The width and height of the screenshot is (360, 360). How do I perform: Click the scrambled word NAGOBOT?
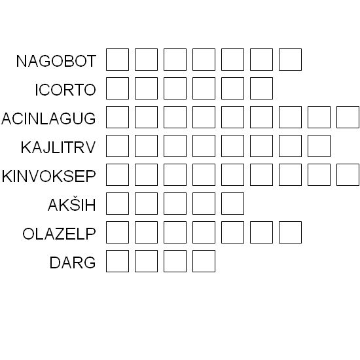pos(56,61)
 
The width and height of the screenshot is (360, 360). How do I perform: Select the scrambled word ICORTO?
pos(65,90)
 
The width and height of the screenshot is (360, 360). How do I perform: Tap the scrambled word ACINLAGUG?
pos(48,118)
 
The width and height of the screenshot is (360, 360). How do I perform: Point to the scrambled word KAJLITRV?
pos(58,147)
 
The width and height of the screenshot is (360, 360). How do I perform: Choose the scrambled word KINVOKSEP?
pos(48,176)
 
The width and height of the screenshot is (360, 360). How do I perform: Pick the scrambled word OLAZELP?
pos(59,234)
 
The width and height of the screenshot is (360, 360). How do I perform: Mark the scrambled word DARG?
pos(73,262)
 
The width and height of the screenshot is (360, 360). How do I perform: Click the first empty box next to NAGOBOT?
pos(117,60)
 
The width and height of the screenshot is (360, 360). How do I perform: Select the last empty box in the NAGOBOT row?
pos(290,60)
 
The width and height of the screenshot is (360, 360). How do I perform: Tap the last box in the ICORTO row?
pos(262,88)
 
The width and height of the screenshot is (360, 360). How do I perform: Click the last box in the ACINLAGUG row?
pos(348,117)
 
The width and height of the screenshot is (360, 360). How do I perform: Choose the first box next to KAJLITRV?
pos(117,146)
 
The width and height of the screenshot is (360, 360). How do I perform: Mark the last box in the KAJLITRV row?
pos(319,146)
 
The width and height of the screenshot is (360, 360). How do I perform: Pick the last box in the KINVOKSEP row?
pos(348,175)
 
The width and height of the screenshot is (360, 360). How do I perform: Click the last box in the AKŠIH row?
pos(232,204)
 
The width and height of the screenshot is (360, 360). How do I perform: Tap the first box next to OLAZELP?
pos(117,232)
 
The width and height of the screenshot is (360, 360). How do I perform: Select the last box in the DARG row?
pos(204,261)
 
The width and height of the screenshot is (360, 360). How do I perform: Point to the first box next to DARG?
pos(117,261)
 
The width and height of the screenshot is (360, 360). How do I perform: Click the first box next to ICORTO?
pos(117,88)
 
